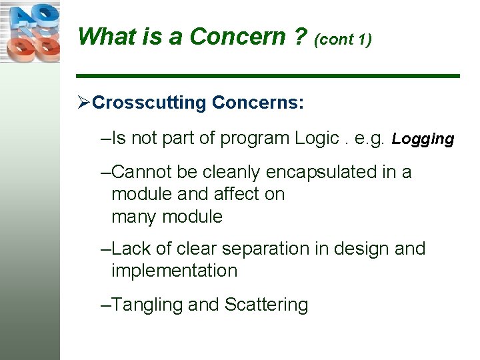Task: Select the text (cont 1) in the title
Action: (343, 39)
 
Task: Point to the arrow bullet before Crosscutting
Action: (83, 103)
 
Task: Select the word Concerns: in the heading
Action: (258, 103)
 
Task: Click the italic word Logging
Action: (423, 139)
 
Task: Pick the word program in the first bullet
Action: (255, 138)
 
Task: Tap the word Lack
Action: (131, 249)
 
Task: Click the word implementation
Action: (174, 271)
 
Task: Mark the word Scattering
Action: (266, 305)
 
